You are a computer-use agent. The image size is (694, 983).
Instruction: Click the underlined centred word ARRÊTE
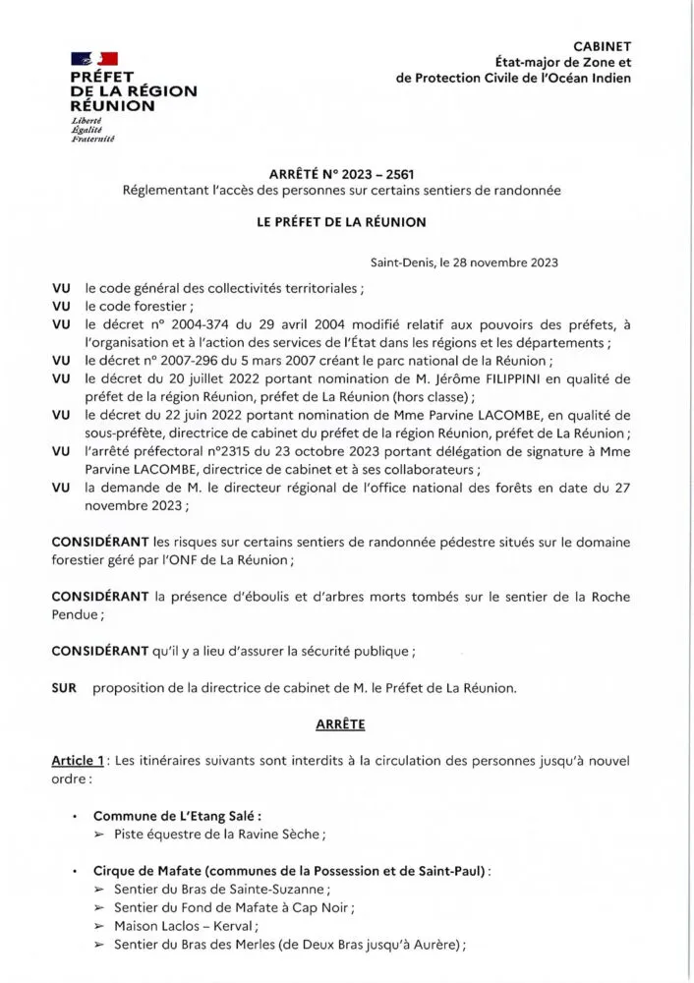pos(340,724)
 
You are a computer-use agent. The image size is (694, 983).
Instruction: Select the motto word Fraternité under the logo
pos(93,139)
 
